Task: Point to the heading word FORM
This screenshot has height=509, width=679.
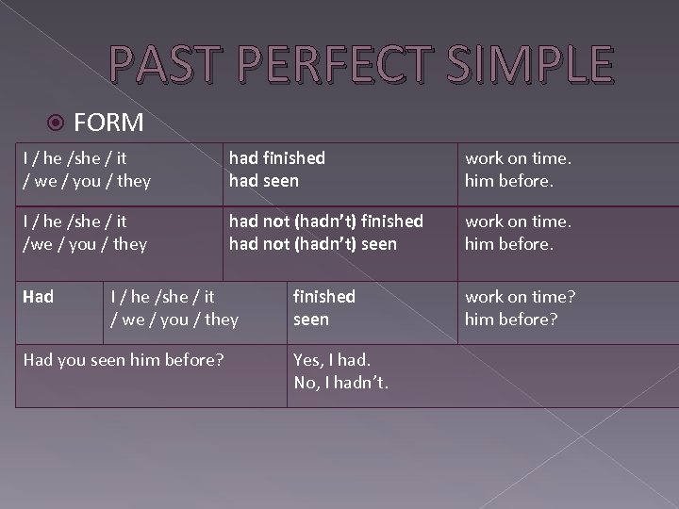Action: (108, 122)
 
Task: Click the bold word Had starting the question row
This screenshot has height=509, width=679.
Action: (38, 297)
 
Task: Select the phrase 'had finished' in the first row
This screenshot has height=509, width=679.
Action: (277, 157)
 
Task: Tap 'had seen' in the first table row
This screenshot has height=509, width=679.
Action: (264, 180)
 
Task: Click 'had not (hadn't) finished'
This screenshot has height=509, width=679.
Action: (326, 222)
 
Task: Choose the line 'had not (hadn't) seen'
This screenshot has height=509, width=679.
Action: (313, 244)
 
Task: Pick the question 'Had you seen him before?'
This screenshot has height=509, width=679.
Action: (123, 359)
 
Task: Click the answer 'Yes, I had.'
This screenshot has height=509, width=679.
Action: (332, 359)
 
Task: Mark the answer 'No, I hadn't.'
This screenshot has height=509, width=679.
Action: (341, 383)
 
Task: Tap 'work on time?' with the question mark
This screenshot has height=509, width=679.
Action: (520, 297)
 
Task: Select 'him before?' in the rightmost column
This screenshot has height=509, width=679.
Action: (511, 320)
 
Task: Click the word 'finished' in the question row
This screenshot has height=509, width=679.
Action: (324, 297)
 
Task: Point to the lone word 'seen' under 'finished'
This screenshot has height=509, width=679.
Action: (311, 320)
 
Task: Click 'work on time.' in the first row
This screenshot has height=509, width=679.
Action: (518, 157)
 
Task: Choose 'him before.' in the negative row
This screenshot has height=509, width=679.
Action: (509, 244)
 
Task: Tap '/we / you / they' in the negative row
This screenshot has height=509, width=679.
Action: (84, 244)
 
